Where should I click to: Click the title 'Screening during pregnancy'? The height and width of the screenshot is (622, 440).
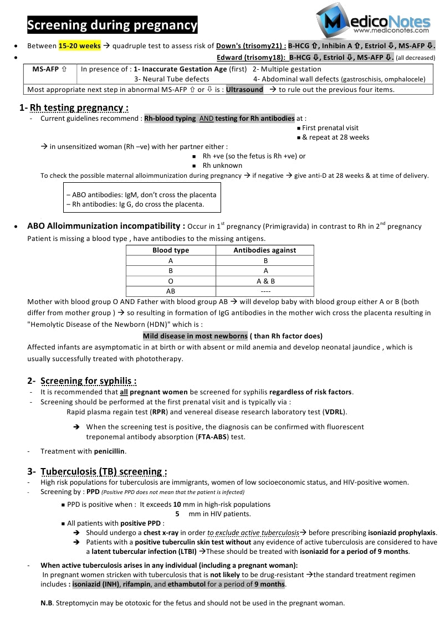point(112,25)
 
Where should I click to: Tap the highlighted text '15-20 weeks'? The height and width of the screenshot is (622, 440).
point(80,46)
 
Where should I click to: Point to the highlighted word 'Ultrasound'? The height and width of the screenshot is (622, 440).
point(244,89)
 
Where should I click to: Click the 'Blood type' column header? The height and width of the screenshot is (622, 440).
point(171,250)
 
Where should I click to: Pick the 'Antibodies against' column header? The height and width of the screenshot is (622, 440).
point(264,250)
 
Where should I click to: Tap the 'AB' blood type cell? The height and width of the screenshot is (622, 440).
point(171,291)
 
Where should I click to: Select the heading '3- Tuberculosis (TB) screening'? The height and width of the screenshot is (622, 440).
point(104,472)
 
